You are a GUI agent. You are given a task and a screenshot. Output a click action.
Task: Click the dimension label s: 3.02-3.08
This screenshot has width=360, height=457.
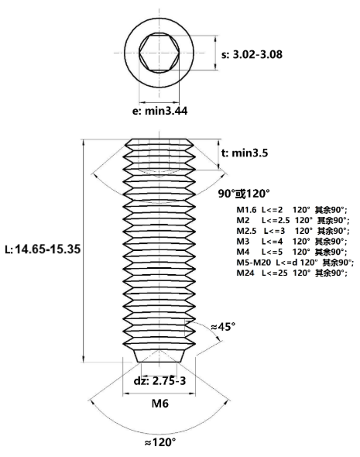tap(252, 54)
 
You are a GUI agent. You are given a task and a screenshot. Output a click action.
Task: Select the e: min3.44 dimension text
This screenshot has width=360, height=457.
tap(160, 111)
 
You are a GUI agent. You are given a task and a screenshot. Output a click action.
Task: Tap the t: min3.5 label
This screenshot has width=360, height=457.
tap(245, 153)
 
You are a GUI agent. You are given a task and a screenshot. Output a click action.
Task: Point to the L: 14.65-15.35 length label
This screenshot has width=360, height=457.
tap(43, 249)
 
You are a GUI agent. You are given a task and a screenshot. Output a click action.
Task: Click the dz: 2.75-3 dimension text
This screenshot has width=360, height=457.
tap(159, 380)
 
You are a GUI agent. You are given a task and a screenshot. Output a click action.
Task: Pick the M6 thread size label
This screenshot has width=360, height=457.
tap(160, 404)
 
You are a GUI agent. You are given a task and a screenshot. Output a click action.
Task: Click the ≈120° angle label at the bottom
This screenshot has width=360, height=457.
tap(160, 442)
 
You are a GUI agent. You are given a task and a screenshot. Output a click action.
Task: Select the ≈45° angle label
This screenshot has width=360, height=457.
tap(223, 326)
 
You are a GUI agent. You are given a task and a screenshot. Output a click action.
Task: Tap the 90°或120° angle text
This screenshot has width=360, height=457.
tap(244, 193)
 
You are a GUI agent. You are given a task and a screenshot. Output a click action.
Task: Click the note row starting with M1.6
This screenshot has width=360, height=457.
tap(292, 210)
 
